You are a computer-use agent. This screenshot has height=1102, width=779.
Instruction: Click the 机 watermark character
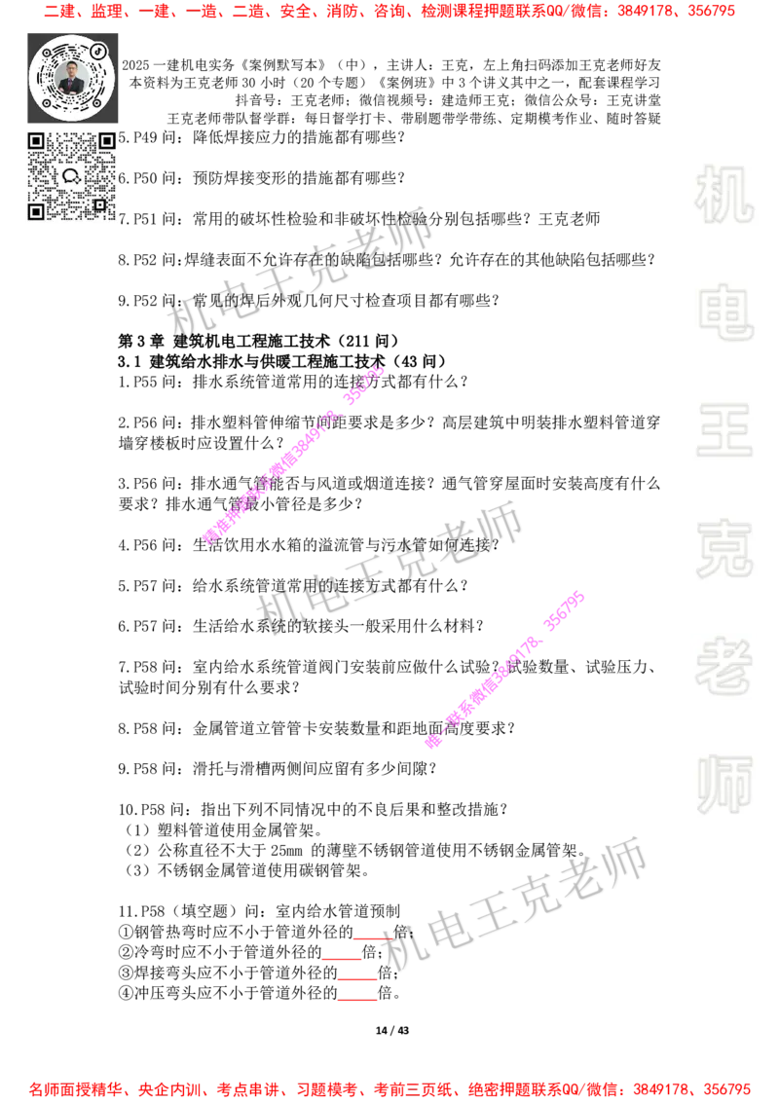723,195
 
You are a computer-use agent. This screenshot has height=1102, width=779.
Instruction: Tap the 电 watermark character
727,312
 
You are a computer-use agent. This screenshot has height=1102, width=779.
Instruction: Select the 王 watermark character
723,431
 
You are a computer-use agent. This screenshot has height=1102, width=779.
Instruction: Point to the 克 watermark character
723,549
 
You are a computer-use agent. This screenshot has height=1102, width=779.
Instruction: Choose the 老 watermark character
723,666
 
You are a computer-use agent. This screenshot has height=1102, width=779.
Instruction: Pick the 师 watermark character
723,786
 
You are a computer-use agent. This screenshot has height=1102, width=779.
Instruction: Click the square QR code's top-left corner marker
36,142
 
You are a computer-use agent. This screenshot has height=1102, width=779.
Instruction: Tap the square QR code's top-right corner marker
106,142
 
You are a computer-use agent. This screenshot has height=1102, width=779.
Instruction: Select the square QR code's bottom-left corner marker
36,211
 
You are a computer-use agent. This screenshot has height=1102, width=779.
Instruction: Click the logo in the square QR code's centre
71,176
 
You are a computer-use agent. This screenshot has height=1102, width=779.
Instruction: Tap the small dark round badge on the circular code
98,50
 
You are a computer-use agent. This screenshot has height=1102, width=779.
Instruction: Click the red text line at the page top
389,13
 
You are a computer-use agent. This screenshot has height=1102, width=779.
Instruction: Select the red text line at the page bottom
389,1088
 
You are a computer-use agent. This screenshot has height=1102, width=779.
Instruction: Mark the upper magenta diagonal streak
292,455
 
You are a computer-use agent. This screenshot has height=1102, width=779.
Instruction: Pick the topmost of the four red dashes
372,938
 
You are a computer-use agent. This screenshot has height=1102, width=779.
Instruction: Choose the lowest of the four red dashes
357,1001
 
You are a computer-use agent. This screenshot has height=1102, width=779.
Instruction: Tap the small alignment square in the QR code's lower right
99,204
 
